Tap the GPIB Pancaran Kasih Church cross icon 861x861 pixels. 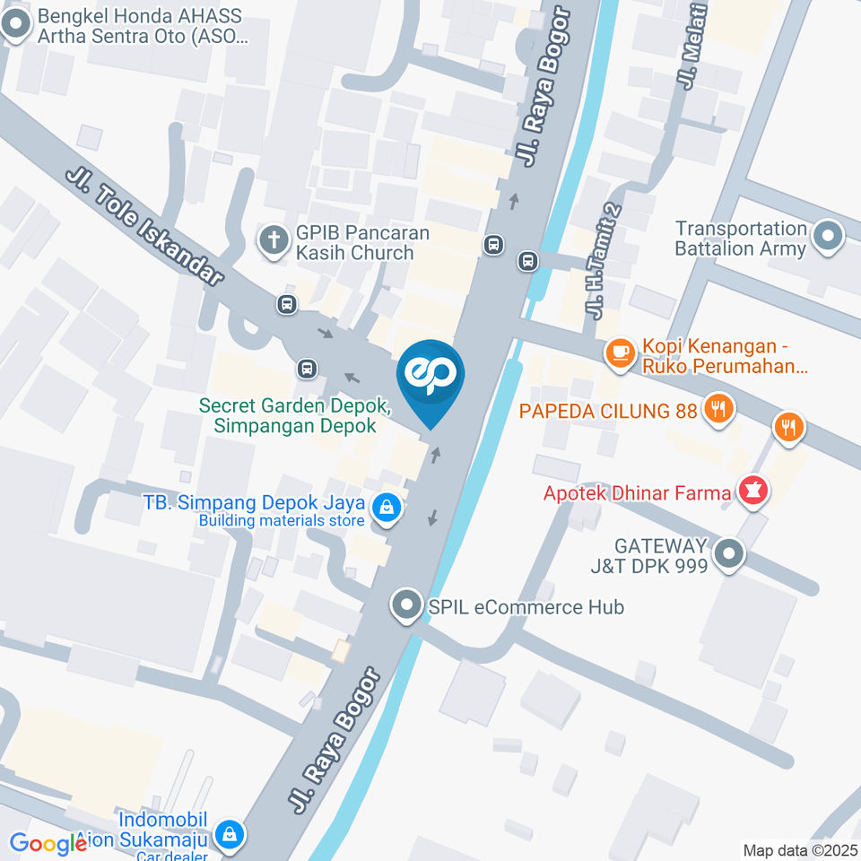pos(272,239)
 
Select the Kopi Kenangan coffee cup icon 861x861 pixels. pos(619,352)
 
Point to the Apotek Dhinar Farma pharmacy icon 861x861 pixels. pos(752,491)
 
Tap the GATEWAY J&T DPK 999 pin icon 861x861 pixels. pos(729,553)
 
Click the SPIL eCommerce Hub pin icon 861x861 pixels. pos(406,605)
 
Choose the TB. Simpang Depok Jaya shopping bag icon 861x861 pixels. pos(387,509)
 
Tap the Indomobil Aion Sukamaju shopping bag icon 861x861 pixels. pos(230,833)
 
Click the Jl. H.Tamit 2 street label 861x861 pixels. pos(604,261)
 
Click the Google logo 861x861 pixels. pos(47,843)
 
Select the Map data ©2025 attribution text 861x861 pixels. pos(800,849)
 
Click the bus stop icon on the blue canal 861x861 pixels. pos(528,261)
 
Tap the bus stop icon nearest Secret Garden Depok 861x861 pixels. pos(307,368)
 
